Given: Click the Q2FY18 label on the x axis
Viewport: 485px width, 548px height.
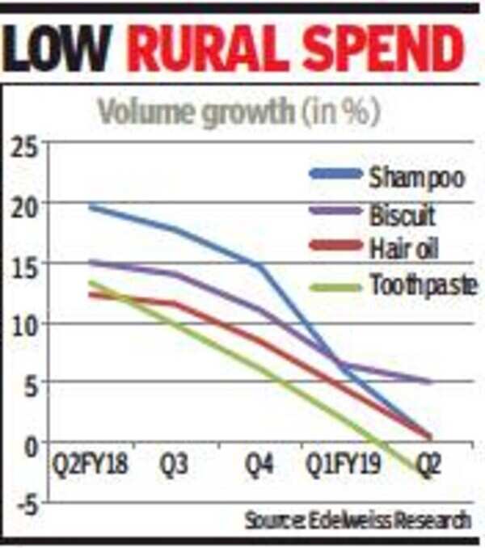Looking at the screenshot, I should click(89, 467).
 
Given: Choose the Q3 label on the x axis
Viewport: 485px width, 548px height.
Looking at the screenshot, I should click(179, 467).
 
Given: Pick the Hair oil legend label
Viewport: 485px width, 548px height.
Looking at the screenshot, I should click(403, 250).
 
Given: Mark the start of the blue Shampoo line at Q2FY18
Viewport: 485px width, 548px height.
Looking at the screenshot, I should click(90, 208).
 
